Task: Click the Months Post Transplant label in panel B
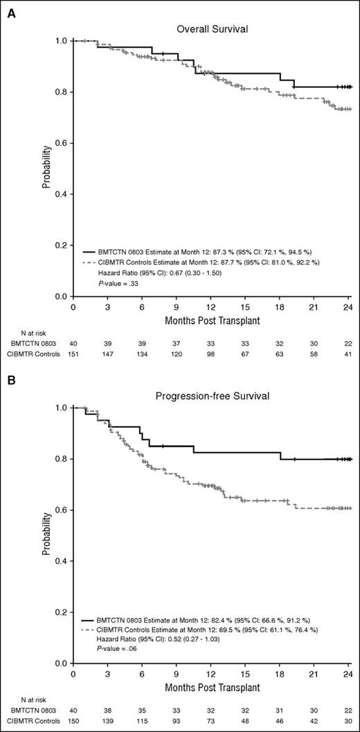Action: pos(212,689)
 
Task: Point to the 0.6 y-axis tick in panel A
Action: pos(60,143)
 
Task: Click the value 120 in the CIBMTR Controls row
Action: pos(177,354)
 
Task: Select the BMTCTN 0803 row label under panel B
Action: pos(30,710)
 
